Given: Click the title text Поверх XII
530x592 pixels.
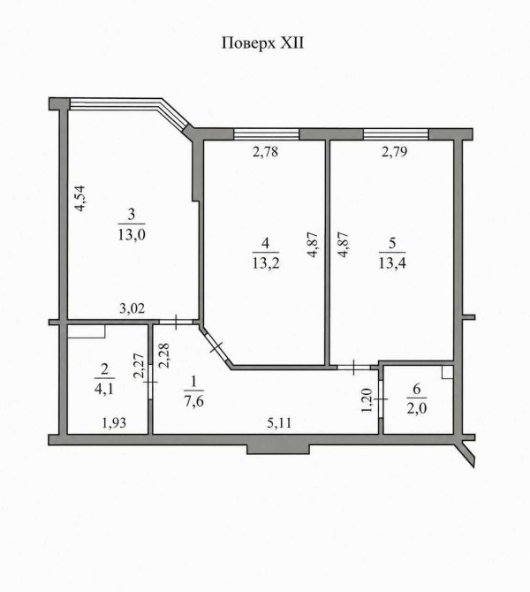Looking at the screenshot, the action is (x=262, y=43).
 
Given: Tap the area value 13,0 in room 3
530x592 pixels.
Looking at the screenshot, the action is (x=132, y=235).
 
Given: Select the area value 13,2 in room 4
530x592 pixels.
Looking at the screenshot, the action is (x=266, y=262).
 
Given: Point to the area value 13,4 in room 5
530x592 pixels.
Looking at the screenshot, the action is (x=392, y=262).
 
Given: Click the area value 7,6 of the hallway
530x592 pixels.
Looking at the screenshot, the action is (x=194, y=400).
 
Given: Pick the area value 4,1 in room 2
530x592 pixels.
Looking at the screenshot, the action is (x=104, y=388).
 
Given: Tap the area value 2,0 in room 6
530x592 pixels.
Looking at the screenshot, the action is (x=417, y=408).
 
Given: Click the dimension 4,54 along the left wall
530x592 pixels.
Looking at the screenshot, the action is (x=80, y=198).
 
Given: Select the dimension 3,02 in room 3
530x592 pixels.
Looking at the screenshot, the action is (x=132, y=308).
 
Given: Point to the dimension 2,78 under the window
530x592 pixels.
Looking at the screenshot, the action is (x=265, y=152).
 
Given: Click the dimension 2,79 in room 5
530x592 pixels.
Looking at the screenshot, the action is (x=394, y=152).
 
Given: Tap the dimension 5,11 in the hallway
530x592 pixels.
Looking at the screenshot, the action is (x=279, y=423).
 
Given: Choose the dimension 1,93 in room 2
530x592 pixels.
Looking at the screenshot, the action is (x=114, y=423).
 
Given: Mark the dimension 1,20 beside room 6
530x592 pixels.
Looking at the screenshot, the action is (x=367, y=401).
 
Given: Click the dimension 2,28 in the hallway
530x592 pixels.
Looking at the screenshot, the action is (x=164, y=355).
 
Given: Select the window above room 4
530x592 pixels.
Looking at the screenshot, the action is (x=267, y=134).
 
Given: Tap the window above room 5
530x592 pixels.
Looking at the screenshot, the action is (x=396, y=134).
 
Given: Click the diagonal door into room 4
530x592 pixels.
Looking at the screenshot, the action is (x=216, y=348).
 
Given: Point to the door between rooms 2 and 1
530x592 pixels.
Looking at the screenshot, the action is (x=150, y=382).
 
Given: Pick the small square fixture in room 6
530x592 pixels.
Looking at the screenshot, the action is (x=447, y=372).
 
